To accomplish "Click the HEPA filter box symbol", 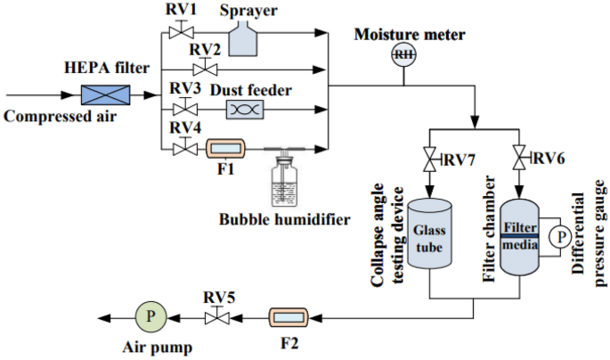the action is [x=105, y=95].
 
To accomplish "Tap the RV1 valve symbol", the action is [x=182, y=30].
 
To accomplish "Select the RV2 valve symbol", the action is [x=205, y=68].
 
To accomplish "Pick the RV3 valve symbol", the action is [x=185, y=107].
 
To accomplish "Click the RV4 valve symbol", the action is [x=185, y=146].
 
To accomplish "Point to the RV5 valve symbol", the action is [x=217, y=316].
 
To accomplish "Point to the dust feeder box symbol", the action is [x=245, y=110].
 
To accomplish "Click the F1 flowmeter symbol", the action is [x=225, y=148].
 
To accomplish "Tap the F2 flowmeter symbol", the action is [x=289, y=317].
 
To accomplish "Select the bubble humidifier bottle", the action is [x=285, y=180].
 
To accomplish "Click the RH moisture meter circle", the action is [x=403, y=54].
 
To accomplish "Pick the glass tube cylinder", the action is [x=429, y=233].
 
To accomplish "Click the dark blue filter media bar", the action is [x=519, y=236].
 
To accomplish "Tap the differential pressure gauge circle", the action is [x=560, y=236].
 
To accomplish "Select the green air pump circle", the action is [x=151, y=316].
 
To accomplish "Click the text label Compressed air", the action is [x=60, y=117].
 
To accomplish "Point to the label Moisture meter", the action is [x=410, y=35].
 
